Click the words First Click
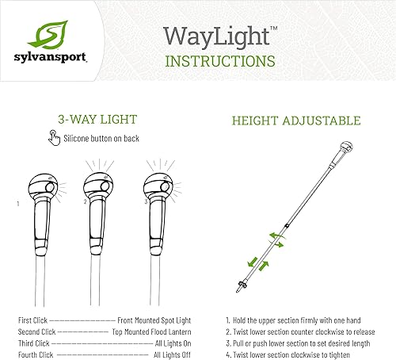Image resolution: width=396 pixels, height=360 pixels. tap(34, 320)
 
